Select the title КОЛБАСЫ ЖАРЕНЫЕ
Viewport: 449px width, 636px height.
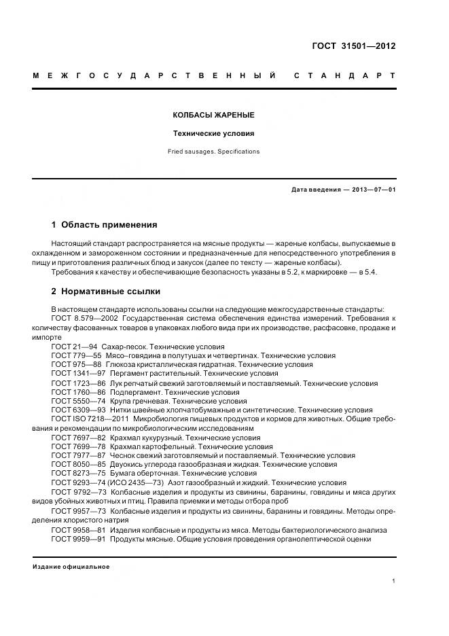pyautogui.click(x=214, y=115)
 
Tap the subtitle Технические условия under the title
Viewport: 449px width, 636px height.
pyautogui.click(x=214, y=133)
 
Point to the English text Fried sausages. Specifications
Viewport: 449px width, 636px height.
pyautogui.click(x=214, y=152)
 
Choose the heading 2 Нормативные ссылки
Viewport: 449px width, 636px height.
pyautogui.click(x=105, y=291)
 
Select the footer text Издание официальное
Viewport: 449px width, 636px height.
pyautogui.click(x=71, y=566)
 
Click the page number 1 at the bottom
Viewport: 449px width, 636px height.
pyautogui.click(x=394, y=581)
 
